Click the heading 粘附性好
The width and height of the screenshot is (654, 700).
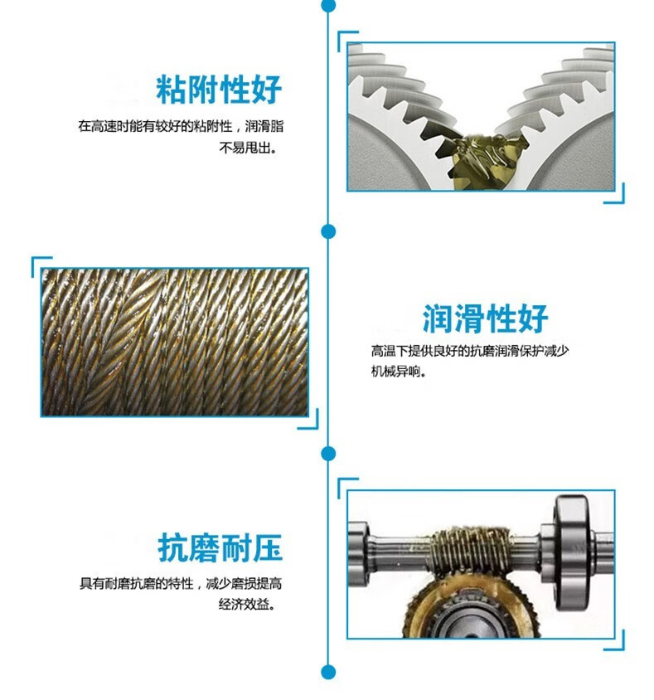point(220,90)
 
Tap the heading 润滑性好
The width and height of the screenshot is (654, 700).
point(485,318)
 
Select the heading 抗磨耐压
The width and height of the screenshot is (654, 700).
point(220,548)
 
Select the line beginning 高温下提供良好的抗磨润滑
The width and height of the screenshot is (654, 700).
point(470,351)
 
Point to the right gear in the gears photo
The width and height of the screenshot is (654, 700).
point(572,124)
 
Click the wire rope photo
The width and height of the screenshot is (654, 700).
point(175,341)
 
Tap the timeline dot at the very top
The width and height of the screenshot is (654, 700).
point(328,5)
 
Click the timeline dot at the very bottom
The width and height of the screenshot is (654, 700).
point(328,672)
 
